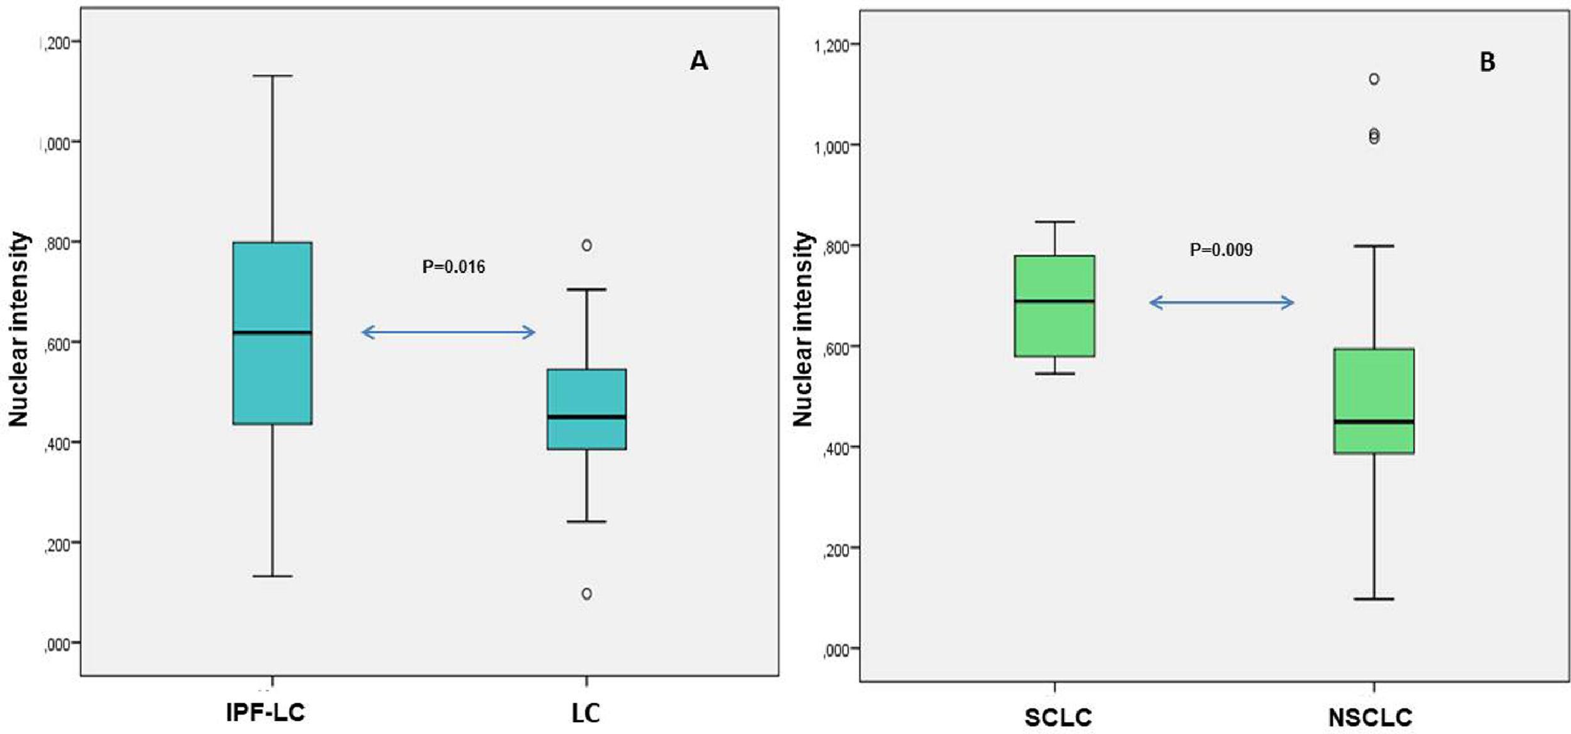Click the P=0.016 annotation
pyautogui.click(x=453, y=267)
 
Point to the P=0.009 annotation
pyautogui.click(x=1220, y=250)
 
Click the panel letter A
pyautogui.click(x=699, y=61)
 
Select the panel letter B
pyautogui.click(x=1487, y=62)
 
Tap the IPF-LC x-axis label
pyautogui.click(x=265, y=713)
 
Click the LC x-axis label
pyautogui.click(x=586, y=713)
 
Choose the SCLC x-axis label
pyautogui.click(x=1058, y=718)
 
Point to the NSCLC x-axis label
pyautogui.click(x=1370, y=718)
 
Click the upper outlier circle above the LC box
pyautogui.click(x=586, y=246)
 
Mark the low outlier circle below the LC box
pyautogui.click(x=586, y=594)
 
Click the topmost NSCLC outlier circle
pyautogui.click(x=1374, y=79)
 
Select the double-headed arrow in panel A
pyautogui.click(x=448, y=332)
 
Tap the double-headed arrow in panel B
pyautogui.click(x=1221, y=303)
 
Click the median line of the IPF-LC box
pyautogui.click(x=272, y=332)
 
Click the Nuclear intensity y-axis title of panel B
pyautogui.click(x=802, y=329)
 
